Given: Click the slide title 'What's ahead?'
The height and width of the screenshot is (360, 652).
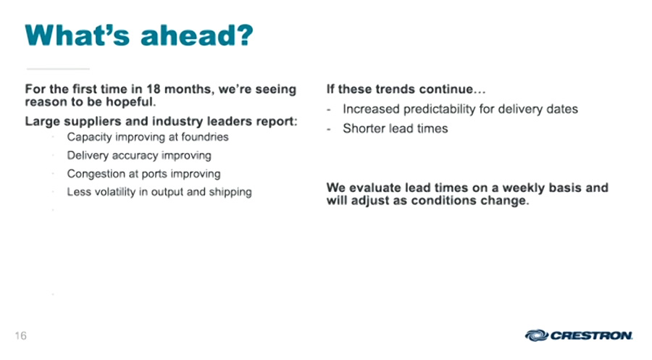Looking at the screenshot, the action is (139, 35).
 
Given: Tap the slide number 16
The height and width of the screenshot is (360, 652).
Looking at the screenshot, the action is (20, 335).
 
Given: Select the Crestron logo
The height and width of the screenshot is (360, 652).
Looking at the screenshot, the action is (578, 335).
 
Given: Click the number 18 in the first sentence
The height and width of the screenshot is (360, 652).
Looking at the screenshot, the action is (154, 89).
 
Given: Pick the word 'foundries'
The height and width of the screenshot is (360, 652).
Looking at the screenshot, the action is (204, 137).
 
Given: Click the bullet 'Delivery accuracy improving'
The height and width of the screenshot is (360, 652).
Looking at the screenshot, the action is (139, 156).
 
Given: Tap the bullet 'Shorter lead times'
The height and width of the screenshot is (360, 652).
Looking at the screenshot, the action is (395, 128).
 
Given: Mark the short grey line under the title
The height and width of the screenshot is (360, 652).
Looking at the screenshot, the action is (58, 69).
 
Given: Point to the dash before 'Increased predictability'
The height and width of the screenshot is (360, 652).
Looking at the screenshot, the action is (329, 110).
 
